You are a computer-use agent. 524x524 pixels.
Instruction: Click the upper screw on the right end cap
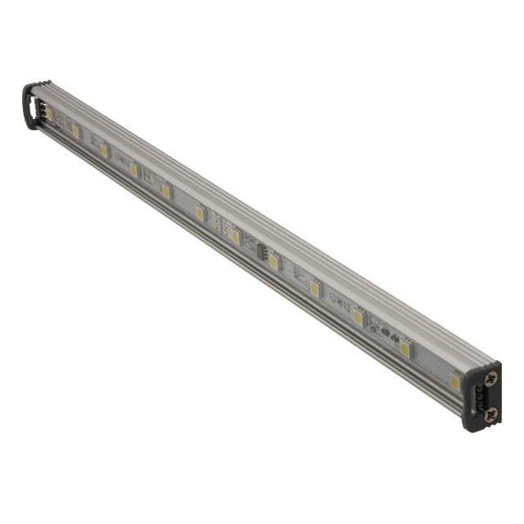click(490, 377)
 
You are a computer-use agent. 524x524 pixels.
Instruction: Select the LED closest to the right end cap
click(454, 381)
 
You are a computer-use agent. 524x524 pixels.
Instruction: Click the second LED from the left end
click(75, 130)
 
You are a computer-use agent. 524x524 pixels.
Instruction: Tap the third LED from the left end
click(104, 150)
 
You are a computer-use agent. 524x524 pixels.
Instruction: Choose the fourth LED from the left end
click(133, 170)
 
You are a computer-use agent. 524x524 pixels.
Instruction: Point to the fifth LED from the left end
click(165, 191)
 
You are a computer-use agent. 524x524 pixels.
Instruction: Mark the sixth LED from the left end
click(199, 213)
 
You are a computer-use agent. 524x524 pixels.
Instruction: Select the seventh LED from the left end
click(235, 237)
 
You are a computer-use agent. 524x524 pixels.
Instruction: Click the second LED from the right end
click(404, 349)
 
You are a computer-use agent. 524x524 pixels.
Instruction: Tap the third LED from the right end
click(359, 318)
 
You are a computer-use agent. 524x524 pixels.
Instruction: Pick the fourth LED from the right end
click(314, 288)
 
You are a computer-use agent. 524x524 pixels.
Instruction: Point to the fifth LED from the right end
click(274, 262)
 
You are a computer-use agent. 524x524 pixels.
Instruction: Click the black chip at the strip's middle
click(263, 250)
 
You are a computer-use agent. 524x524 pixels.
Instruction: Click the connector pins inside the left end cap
click(37, 106)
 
